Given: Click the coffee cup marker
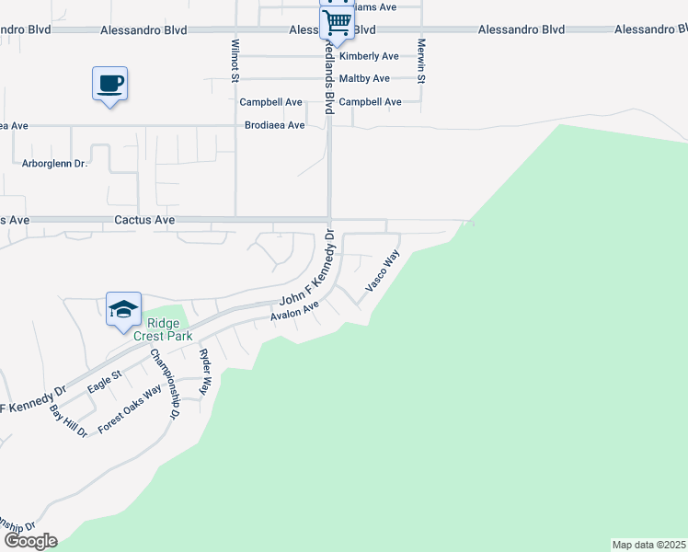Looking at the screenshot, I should [x=109, y=85].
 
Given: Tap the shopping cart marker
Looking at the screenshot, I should [x=338, y=22].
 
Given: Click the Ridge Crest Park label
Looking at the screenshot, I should [x=163, y=330].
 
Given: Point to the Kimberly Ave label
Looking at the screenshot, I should [x=369, y=56].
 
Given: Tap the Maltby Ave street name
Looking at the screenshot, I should [x=364, y=79].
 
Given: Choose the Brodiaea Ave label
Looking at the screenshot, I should [x=274, y=125].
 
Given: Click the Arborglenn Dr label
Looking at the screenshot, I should [x=53, y=164].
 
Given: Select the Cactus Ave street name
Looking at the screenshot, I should [x=144, y=221].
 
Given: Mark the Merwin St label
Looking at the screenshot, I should [x=422, y=60].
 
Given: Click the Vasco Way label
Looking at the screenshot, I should [x=383, y=270].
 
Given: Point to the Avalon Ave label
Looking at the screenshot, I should [x=294, y=311].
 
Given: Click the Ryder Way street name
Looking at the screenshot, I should [x=204, y=372].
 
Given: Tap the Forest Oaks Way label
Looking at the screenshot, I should [x=130, y=408].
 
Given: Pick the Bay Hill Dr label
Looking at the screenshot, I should [x=68, y=420].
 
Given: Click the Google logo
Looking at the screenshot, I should [x=30, y=541].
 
